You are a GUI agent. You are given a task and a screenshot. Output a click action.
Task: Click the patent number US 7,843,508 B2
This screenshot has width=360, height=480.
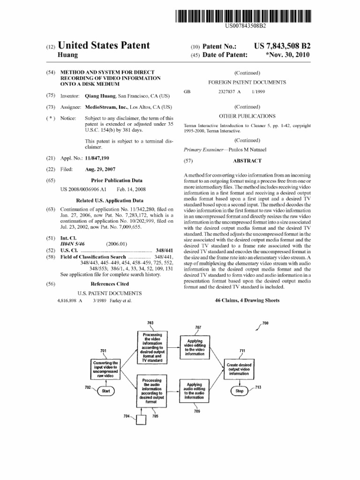click(282, 46)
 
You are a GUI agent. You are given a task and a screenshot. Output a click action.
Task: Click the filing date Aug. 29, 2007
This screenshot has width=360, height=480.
click(100, 169)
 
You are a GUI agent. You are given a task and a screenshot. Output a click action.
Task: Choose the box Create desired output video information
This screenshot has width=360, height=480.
click(239, 369)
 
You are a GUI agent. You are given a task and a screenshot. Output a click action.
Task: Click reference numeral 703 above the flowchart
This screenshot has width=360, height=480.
click(150, 323)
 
